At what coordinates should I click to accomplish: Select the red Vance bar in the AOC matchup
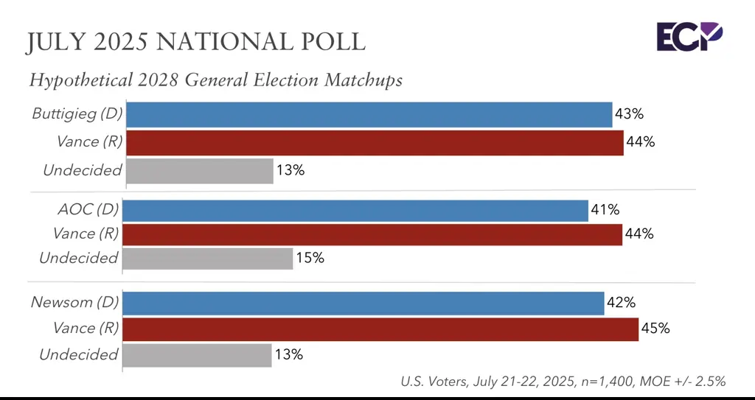pyautogui.click(x=372, y=234)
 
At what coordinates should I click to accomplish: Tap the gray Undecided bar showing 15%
pyautogui.click(x=208, y=259)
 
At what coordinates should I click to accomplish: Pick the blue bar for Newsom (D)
pyautogui.click(x=363, y=303)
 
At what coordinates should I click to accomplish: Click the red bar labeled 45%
pyautogui.click(x=380, y=329)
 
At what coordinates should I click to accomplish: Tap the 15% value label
pyautogui.click(x=310, y=259)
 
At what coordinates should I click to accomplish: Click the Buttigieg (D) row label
pyautogui.click(x=77, y=114)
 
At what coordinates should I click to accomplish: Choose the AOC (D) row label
pyautogui.click(x=87, y=210)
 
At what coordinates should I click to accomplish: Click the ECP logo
pyautogui.click(x=689, y=36)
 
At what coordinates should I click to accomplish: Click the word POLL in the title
pyautogui.click(x=331, y=42)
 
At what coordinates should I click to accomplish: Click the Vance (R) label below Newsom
pyautogui.click(x=85, y=328)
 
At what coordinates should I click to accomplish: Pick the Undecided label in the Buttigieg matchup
pyautogui.click(x=82, y=170)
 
